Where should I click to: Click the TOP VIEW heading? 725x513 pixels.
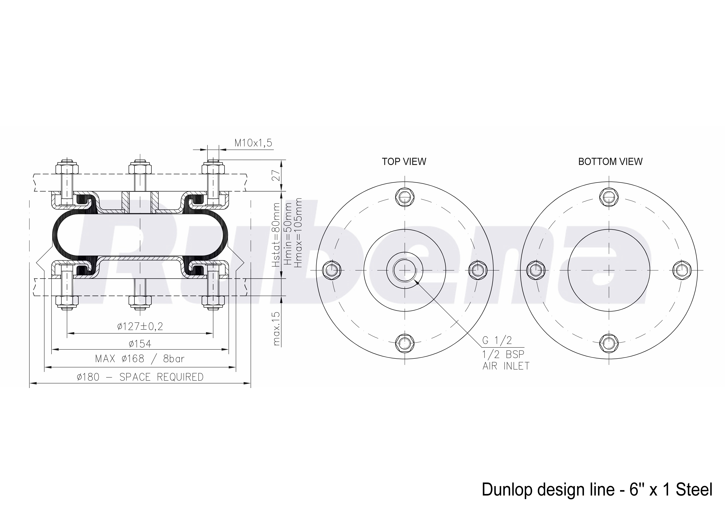[x=404, y=162]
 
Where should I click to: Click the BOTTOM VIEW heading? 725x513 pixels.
[x=610, y=162]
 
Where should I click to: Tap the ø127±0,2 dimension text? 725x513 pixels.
[x=140, y=326]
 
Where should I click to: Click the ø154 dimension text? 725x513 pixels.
[x=140, y=343]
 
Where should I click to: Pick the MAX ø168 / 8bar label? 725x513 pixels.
[x=140, y=359]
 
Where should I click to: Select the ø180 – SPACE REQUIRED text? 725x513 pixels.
[x=140, y=377]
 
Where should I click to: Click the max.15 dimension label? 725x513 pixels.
[x=277, y=329]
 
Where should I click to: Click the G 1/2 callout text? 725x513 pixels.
[x=497, y=340]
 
